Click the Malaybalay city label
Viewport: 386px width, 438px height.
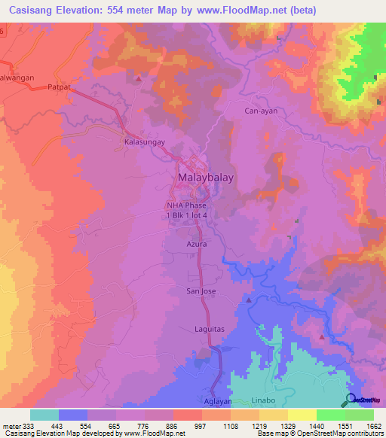pos(205,178)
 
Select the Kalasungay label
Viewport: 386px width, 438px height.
pos(144,141)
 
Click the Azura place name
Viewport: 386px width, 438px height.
pos(196,245)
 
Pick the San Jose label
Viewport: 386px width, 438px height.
pos(201,290)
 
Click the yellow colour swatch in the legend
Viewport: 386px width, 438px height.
pos(302,415)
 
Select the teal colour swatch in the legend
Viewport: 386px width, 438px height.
pos(44,415)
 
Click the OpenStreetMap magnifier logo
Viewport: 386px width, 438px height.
pos(351,400)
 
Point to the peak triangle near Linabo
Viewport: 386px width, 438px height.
pos(323,337)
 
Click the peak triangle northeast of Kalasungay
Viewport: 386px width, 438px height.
pos(139,77)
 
